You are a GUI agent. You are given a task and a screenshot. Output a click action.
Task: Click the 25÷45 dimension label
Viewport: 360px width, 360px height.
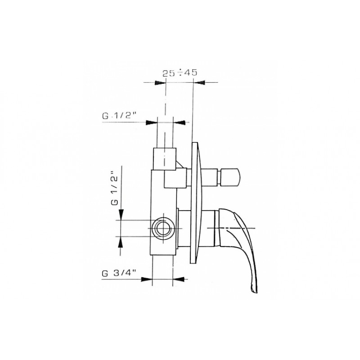[x=180, y=73]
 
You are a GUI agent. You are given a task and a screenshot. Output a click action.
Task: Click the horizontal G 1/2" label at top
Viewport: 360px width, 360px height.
[x=119, y=116]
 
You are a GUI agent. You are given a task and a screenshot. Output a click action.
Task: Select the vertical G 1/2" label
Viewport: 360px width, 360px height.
[x=114, y=188]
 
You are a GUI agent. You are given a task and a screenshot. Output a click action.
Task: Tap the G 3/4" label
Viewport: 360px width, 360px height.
[x=119, y=274]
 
